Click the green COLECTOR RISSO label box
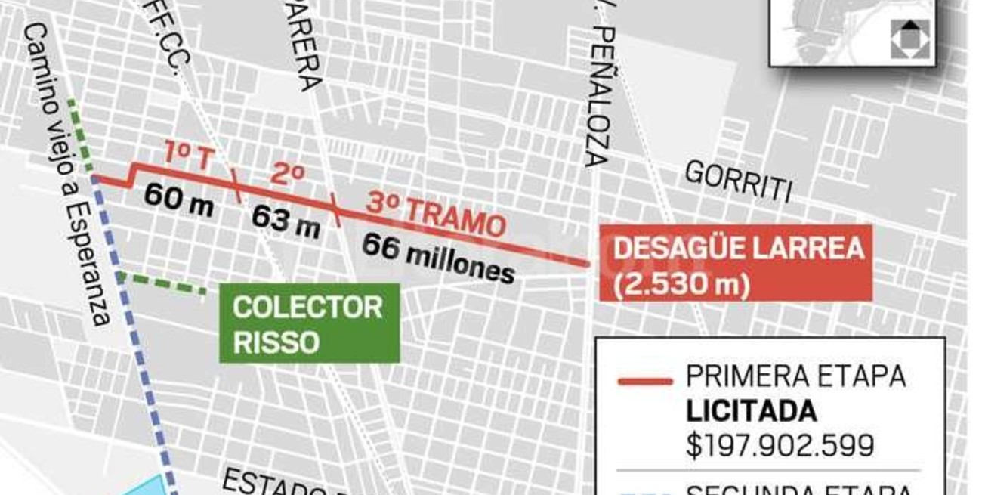coord(309,323)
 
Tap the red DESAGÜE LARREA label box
coord(735,263)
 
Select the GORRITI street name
coord(738,182)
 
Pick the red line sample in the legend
coord(644,381)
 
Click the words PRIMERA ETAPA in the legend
coord(795,376)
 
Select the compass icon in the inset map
coord(909,39)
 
